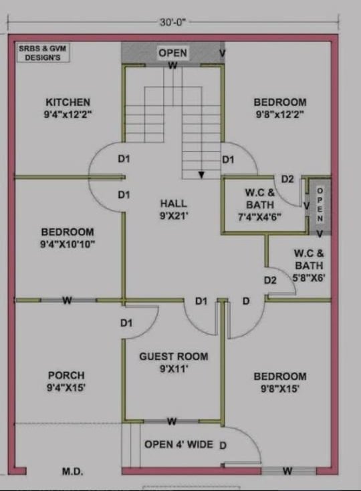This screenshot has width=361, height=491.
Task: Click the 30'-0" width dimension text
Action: [x=173, y=23]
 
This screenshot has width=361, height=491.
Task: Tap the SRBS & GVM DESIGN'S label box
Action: [x=43, y=53]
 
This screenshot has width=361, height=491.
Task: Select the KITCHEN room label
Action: [x=68, y=102]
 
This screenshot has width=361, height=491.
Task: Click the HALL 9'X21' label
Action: [x=174, y=210]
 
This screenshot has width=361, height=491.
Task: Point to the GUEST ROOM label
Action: [x=174, y=356]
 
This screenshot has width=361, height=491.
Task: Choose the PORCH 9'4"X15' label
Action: [x=66, y=381]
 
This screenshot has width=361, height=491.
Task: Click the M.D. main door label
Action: [x=73, y=471]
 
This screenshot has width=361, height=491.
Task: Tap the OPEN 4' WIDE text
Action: [x=178, y=444]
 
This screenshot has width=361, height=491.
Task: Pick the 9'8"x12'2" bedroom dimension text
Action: [x=280, y=115]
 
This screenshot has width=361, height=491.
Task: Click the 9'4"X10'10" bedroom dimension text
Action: [x=68, y=244]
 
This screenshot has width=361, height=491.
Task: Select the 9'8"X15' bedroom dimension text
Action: [x=280, y=389]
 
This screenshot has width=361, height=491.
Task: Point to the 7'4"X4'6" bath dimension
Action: [x=260, y=217]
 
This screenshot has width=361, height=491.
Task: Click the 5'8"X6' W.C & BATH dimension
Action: [x=309, y=277]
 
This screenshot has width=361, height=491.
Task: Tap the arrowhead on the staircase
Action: [x=201, y=175]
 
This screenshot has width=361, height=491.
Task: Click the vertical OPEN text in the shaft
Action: [x=320, y=204]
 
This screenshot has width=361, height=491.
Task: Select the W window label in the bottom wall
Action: [x=287, y=471]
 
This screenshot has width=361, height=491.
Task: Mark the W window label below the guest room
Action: [x=172, y=422]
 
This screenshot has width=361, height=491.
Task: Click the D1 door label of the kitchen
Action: [x=124, y=159]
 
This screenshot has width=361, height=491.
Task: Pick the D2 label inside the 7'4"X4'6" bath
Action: [x=287, y=179]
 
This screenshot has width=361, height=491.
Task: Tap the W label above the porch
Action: [x=67, y=301]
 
